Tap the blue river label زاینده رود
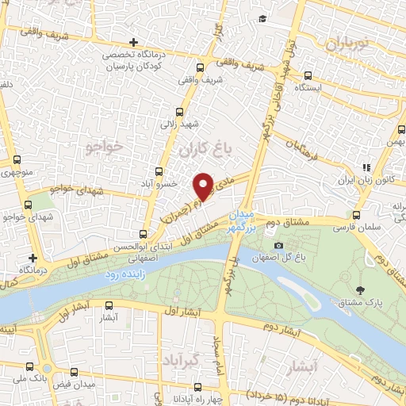click(x=125, y=273)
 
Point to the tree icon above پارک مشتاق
click(x=361, y=290)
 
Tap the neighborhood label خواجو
click(x=103, y=147)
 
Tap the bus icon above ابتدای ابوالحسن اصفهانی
click(x=143, y=234)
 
